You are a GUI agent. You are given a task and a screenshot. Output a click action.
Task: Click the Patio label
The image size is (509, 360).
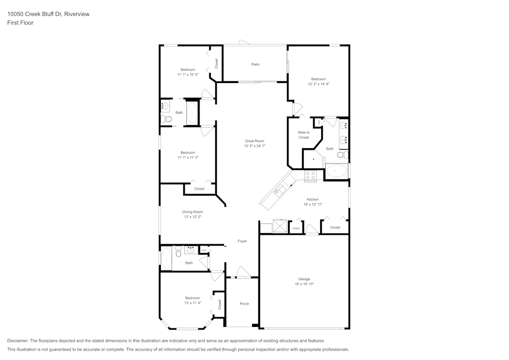pyautogui.click(x=255, y=65)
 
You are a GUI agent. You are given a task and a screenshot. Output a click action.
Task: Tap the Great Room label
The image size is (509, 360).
pyautogui.click(x=254, y=141)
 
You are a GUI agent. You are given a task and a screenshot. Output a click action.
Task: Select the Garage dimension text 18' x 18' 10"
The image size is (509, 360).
pyautogui.click(x=304, y=284)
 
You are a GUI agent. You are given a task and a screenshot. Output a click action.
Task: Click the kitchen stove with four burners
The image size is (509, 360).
pyautogui.click(x=310, y=176)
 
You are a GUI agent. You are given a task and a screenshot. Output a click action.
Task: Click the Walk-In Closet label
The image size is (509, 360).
pyautogui.click(x=303, y=135)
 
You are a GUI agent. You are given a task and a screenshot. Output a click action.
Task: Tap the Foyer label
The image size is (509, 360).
pyautogui.click(x=242, y=241)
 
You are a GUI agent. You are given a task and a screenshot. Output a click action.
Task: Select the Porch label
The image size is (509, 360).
pyautogui.click(x=244, y=304)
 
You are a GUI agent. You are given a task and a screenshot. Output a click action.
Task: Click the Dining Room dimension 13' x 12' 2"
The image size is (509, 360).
pyautogui.click(x=192, y=217)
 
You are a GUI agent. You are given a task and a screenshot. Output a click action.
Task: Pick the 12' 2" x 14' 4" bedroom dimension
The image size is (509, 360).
pyautogui.click(x=319, y=84)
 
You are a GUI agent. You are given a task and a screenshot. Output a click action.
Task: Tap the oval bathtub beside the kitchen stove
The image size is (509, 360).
pyautogui.click(x=336, y=171)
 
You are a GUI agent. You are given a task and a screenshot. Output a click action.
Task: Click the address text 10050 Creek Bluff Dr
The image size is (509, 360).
pyautogui.click(x=35, y=14)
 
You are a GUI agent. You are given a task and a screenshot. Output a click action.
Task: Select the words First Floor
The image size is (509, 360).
pyautogui.click(x=20, y=23)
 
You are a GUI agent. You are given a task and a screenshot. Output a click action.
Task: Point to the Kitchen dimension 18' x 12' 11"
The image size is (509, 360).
pyautogui.click(x=313, y=205)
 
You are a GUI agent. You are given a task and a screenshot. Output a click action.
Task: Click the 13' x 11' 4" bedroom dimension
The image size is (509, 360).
pyautogui.click(x=192, y=303)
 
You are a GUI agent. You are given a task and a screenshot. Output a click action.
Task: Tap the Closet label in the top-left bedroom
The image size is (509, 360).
pyautogui.click(x=216, y=64)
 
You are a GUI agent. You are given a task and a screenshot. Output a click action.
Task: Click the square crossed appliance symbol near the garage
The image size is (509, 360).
pyautogui.click(x=279, y=226)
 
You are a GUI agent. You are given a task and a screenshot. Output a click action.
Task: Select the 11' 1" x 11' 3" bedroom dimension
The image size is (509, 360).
pyautogui.click(x=188, y=158)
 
